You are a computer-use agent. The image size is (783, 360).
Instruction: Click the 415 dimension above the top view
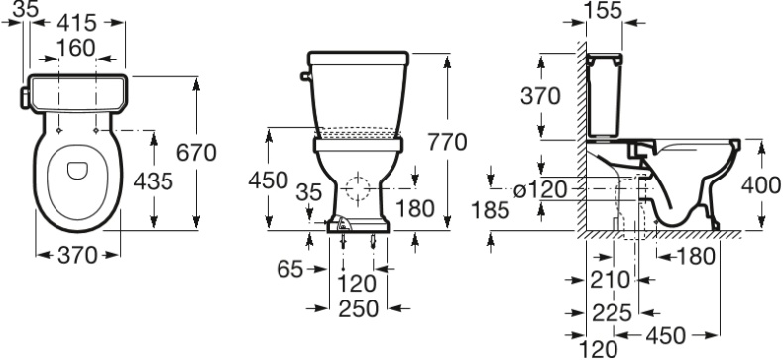(x=77, y=20)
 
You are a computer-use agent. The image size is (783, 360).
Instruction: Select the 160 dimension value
(x=76, y=47)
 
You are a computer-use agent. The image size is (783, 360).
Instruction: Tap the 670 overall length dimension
(x=196, y=153)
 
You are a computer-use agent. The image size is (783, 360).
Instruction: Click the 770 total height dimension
(x=446, y=142)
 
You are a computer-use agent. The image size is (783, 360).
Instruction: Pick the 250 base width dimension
(x=358, y=308)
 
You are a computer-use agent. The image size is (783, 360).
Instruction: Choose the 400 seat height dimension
(x=761, y=185)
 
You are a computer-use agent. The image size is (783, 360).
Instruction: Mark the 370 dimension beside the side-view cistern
(x=541, y=96)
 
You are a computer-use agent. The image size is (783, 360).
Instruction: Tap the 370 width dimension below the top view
(x=77, y=256)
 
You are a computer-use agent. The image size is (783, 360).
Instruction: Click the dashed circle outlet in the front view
(x=359, y=186)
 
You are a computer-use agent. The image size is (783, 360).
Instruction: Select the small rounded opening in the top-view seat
(x=77, y=171)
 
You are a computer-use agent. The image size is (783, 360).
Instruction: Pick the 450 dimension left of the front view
(x=267, y=181)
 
